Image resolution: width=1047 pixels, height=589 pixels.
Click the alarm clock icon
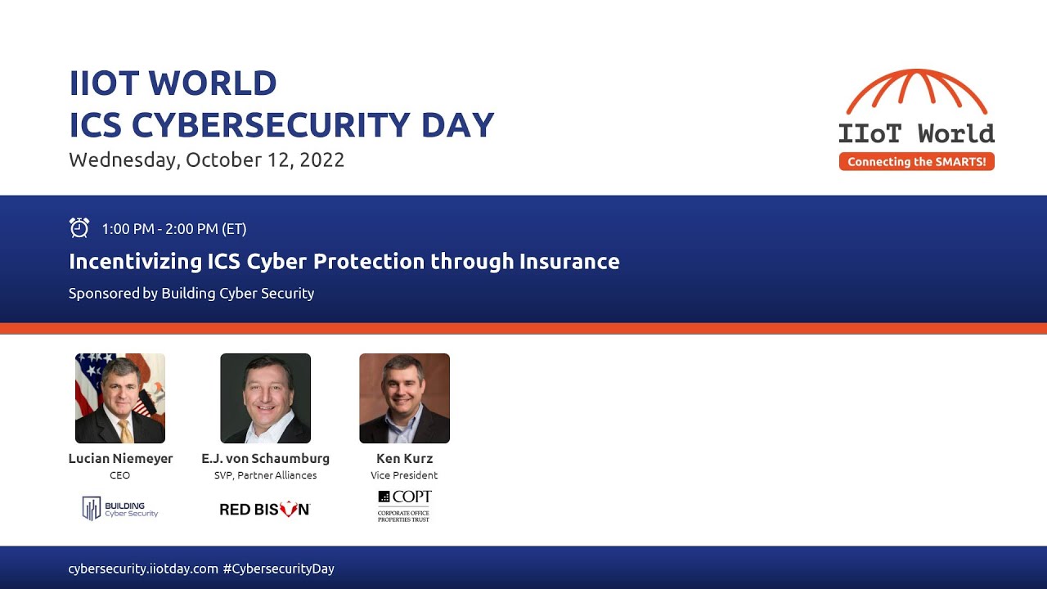click(x=79, y=228)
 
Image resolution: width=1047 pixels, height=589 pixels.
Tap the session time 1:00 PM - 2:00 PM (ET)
click(x=174, y=229)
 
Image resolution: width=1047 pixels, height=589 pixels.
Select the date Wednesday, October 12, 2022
click(x=206, y=160)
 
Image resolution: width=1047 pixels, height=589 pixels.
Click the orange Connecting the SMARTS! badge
click(x=916, y=162)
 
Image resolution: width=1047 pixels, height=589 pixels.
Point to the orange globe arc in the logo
click(x=916, y=90)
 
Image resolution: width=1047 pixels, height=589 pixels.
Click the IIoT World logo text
click(x=916, y=133)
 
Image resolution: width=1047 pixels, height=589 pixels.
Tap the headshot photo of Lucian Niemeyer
click(x=120, y=398)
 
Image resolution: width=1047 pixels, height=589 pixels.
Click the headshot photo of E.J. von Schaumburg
click(x=266, y=398)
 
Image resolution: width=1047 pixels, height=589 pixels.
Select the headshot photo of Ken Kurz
click(x=405, y=398)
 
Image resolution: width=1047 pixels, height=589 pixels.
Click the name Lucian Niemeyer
click(x=120, y=459)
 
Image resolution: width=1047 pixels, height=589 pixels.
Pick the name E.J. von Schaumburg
click(x=266, y=459)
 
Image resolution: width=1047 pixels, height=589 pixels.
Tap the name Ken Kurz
click(x=405, y=459)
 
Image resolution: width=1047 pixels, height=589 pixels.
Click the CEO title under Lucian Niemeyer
click(x=120, y=475)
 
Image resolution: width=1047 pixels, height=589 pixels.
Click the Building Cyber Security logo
click(x=120, y=509)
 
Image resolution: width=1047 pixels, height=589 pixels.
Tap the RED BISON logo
click(x=265, y=510)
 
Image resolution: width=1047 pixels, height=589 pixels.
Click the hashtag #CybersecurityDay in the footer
click(x=278, y=569)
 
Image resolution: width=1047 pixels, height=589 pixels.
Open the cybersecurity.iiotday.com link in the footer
click(x=143, y=569)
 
